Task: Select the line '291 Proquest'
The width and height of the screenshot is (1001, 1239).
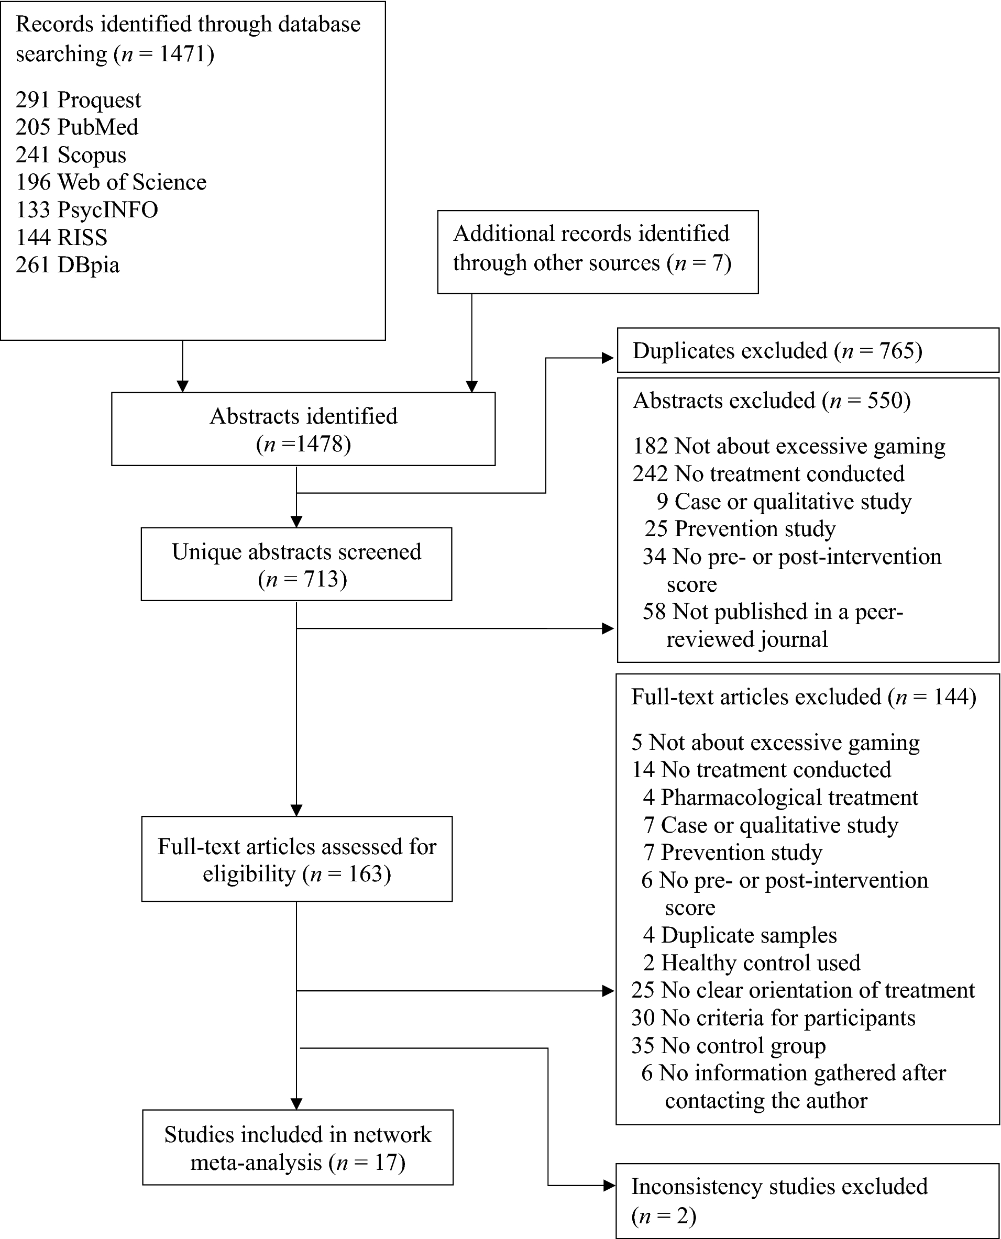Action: [x=78, y=99]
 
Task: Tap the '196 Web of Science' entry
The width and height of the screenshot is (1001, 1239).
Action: [x=111, y=182]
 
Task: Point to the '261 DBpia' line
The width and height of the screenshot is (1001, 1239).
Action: [x=68, y=264]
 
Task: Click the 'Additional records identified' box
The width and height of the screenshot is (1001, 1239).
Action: [x=597, y=251]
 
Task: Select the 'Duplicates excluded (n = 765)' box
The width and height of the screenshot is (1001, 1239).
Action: [x=807, y=350]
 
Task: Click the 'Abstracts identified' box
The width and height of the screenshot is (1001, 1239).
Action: [x=303, y=429]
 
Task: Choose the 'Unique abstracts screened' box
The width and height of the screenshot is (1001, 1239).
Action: [x=296, y=565]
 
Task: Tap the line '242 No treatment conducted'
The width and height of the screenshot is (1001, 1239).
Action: [x=768, y=474]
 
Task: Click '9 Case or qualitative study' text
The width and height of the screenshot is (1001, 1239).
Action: [x=784, y=502]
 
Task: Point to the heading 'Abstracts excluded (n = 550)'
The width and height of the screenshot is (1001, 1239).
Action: [x=772, y=400]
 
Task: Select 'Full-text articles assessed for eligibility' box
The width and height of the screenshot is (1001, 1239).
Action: [x=296, y=859]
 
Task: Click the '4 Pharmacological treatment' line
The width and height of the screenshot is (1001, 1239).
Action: [x=780, y=798]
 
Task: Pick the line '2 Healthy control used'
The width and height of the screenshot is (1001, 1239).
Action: [x=751, y=963]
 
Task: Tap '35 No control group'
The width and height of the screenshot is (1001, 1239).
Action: [x=728, y=1045]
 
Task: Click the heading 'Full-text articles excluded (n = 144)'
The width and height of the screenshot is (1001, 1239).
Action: [x=803, y=696]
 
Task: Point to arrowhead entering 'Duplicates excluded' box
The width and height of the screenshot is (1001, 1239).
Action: [x=608, y=358]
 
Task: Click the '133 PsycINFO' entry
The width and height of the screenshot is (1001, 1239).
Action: [x=86, y=210]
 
